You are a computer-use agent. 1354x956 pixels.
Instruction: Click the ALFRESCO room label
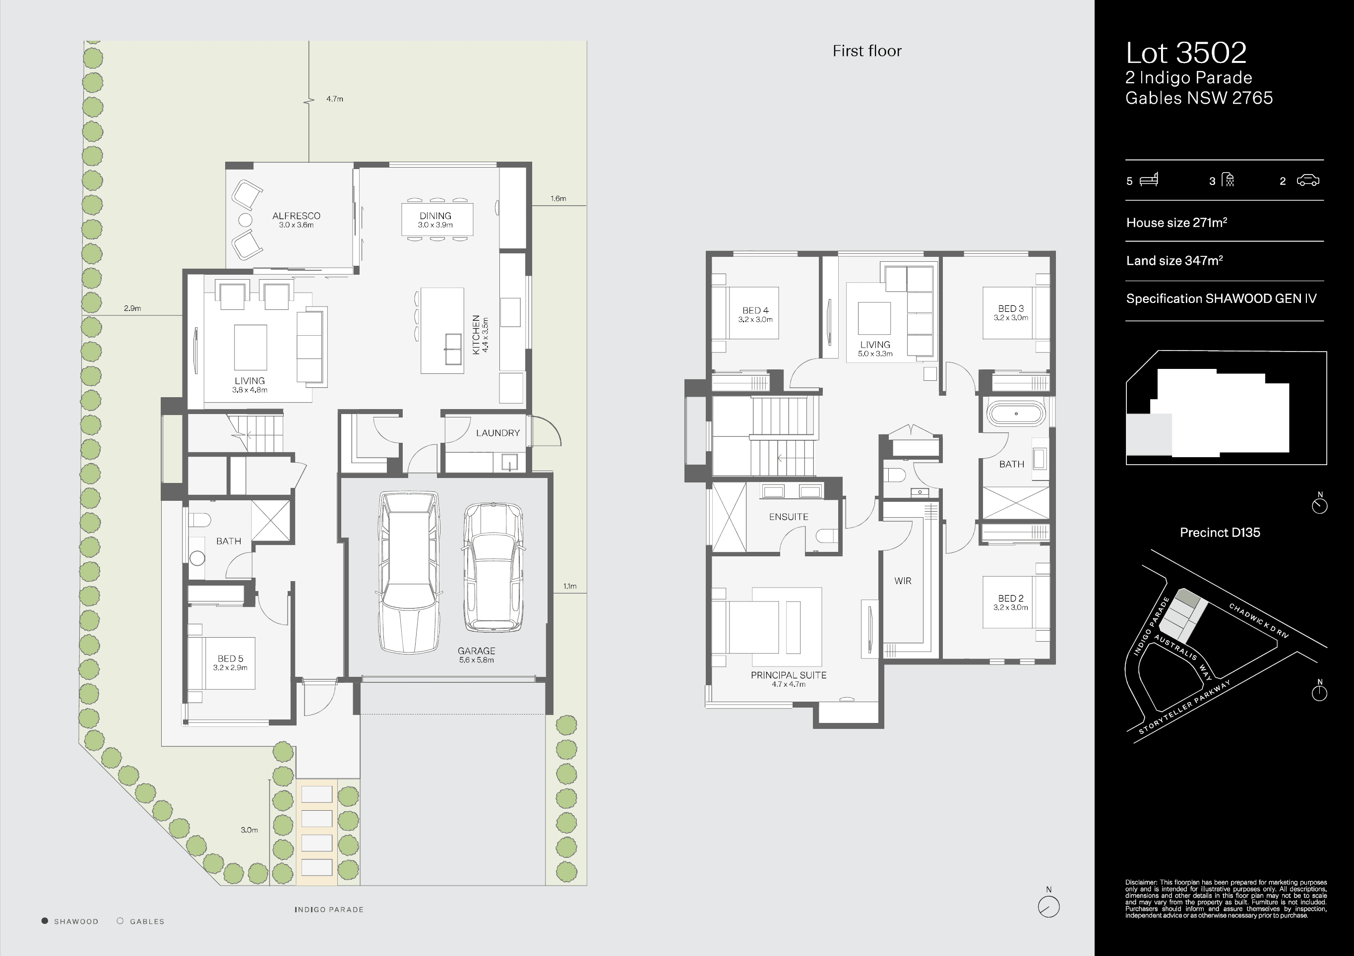coord(296,219)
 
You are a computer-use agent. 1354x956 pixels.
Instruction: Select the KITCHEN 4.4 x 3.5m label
coord(480,334)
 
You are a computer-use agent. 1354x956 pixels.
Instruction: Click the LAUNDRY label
coord(498,433)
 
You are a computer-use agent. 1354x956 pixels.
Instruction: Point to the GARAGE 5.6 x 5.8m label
coord(476,655)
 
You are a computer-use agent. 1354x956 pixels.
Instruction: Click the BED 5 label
coord(230,662)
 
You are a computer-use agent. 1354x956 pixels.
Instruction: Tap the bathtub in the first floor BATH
coord(1016,414)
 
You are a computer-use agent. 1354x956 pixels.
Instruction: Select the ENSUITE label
coord(788,517)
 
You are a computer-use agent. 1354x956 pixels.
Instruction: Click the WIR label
coord(902,581)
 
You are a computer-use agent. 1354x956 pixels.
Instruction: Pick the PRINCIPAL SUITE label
coord(788,679)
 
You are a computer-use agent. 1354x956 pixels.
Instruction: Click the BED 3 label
coord(1010,312)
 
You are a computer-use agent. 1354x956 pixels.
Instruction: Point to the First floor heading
coord(866,51)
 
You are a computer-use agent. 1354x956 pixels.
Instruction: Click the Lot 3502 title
coord(1185,53)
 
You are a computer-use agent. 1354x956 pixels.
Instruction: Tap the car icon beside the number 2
coord(1307,180)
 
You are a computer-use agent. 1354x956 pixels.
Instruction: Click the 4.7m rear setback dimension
coord(334,99)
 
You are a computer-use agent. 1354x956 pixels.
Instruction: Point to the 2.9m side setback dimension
coord(132,308)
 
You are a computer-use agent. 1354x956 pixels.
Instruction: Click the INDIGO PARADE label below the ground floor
coord(328,909)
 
